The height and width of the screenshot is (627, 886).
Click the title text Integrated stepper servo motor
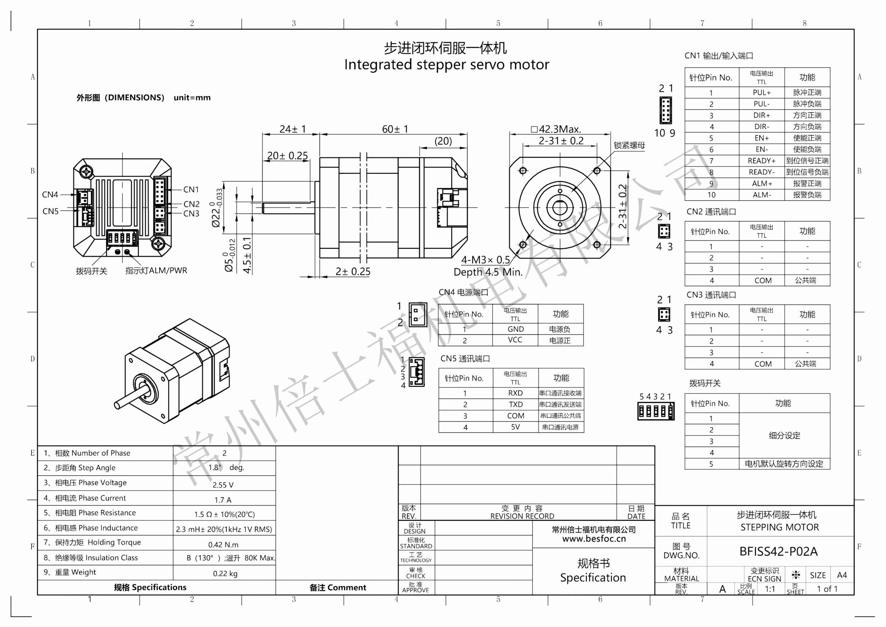[x=446, y=64]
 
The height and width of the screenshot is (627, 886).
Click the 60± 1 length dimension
[x=395, y=129]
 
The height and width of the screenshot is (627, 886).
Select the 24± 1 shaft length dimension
[x=293, y=129]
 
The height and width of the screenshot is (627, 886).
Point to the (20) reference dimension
[x=443, y=141]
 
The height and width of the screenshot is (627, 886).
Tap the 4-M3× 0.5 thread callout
[x=485, y=259]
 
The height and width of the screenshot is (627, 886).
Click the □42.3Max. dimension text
[x=556, y=129]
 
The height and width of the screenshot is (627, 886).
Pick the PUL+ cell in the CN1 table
[x=761, y=93]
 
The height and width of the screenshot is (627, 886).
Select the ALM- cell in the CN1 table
[x=761, y=195]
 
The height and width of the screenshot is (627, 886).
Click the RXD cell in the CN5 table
[x=515, y=393]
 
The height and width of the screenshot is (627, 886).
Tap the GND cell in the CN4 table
[x=515, y=329]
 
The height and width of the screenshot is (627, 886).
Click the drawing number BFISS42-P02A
[x=778, y=551]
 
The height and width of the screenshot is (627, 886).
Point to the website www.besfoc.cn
[x=593, y=539]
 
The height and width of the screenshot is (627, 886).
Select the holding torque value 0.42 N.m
[x=223, y=545]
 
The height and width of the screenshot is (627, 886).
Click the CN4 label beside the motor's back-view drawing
[x=50, y=195]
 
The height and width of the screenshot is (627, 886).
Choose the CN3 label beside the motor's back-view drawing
[x=191, y=214]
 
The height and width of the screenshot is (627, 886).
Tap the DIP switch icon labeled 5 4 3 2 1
[x=656, y=411]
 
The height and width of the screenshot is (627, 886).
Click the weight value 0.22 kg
[x=225, y=574]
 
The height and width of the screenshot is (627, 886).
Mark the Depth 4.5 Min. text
[x=488, y=272]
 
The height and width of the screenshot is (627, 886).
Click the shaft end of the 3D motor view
[x=117, y=405]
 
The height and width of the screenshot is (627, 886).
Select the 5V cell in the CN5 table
[x=515, y=427]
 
